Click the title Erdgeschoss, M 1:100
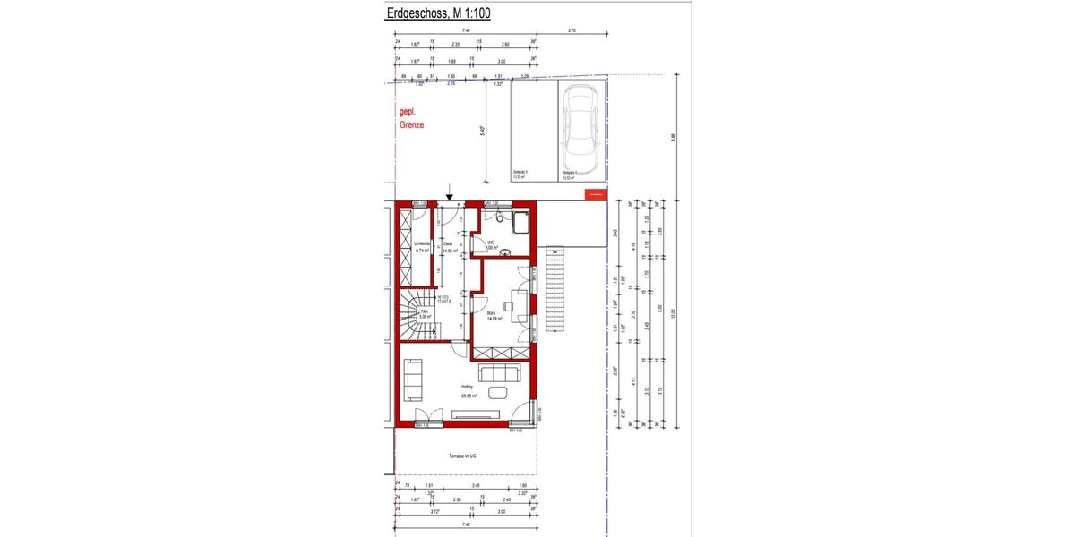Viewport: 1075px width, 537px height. (438, 13)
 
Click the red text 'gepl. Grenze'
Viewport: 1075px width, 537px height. (411, 119)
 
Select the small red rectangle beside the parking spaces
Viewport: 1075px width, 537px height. (594, 192)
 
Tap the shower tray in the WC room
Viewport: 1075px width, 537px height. (520, 223)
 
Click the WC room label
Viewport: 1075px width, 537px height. (492, 244)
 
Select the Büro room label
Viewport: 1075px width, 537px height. (494, 315)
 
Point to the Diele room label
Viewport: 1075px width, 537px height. (449, 248)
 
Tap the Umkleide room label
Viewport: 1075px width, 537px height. (423, 248)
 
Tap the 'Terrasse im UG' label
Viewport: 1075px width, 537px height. (462, 456)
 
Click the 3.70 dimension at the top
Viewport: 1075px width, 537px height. (572, 31)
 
